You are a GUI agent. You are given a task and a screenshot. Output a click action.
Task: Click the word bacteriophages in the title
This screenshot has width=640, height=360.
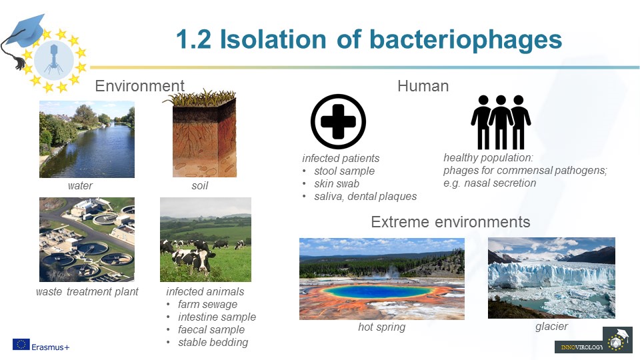(x=466, y=40)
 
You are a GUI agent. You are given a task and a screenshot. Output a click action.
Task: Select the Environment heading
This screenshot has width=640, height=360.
(x=139, y=86)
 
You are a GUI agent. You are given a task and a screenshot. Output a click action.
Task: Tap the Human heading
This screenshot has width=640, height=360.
(x=423, y=86)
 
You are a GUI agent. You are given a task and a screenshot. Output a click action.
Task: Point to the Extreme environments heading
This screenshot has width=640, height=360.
(x=450, y=222)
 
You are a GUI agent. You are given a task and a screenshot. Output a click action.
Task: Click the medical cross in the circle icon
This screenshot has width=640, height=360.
(x=338, y=121)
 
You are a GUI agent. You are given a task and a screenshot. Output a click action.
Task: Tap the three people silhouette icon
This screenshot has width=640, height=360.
(x=501, y=122)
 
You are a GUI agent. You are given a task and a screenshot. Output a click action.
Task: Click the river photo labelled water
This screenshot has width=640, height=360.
(x=87, y=139)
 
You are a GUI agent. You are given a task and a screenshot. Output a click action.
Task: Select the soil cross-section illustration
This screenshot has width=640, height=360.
(x=201, y=133)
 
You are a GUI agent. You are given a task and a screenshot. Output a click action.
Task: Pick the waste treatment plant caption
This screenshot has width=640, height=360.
(x=87, y=291)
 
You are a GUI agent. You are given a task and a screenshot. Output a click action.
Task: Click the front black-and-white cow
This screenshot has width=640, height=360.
(x=193, y=259)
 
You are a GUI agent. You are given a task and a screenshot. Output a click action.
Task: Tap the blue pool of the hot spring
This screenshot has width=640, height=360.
(x=377, y=291)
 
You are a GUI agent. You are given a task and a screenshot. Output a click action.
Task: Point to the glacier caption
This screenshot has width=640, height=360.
(x=551, y=326)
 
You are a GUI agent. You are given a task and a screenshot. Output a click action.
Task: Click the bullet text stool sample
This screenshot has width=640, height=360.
(x=344, y=171)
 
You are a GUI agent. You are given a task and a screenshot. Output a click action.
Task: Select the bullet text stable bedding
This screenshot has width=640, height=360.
(x=213, y=342)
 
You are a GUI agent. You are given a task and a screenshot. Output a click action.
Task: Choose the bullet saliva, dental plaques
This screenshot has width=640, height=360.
(x=365, y=196)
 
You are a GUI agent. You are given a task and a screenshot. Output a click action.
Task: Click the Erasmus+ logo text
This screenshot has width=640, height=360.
(x=50, y=347)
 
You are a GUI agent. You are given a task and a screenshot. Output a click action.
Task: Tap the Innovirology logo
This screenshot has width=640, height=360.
(x=593, y=339)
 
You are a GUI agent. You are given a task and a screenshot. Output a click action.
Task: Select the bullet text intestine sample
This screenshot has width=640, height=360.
(x=217, y=317)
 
